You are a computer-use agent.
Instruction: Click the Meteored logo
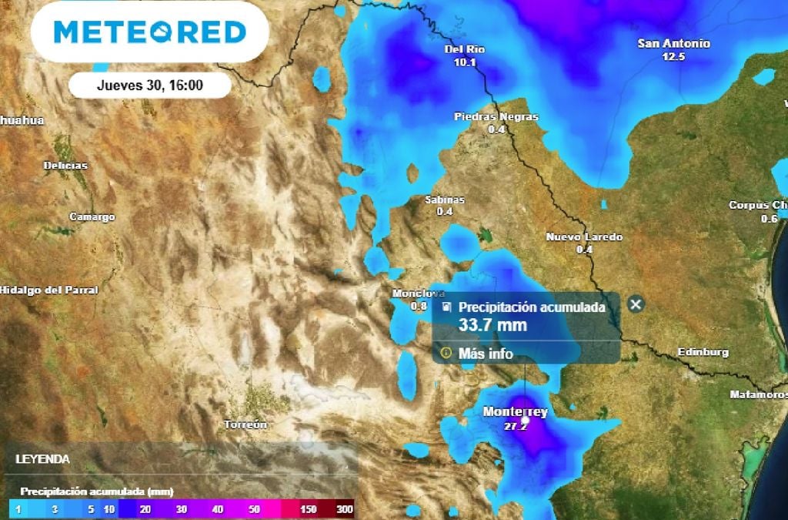click(150, 32)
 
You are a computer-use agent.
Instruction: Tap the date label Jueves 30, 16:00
click(150, 86)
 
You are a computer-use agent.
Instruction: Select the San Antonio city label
click(673, 44)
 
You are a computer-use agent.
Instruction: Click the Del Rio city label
click(465, 50)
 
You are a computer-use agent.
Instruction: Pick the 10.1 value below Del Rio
click(465, 62)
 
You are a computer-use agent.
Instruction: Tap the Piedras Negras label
click(496, 117)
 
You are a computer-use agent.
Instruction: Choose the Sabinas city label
click(445, 200)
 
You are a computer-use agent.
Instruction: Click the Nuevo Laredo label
click(584, 237)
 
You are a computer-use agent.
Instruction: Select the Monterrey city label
click(515, 412)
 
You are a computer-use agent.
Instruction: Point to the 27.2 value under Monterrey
click(515, 425)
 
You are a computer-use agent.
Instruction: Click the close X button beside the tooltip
click(636, 304)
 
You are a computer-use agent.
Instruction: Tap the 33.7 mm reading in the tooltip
click(492, 325)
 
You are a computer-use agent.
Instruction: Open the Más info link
click(485, 354)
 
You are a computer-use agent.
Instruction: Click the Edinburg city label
click(703, 352)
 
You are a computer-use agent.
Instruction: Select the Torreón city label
click(245, 424)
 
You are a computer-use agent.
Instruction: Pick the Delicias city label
click(65, 166)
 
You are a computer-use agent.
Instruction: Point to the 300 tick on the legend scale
click(344, 509)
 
